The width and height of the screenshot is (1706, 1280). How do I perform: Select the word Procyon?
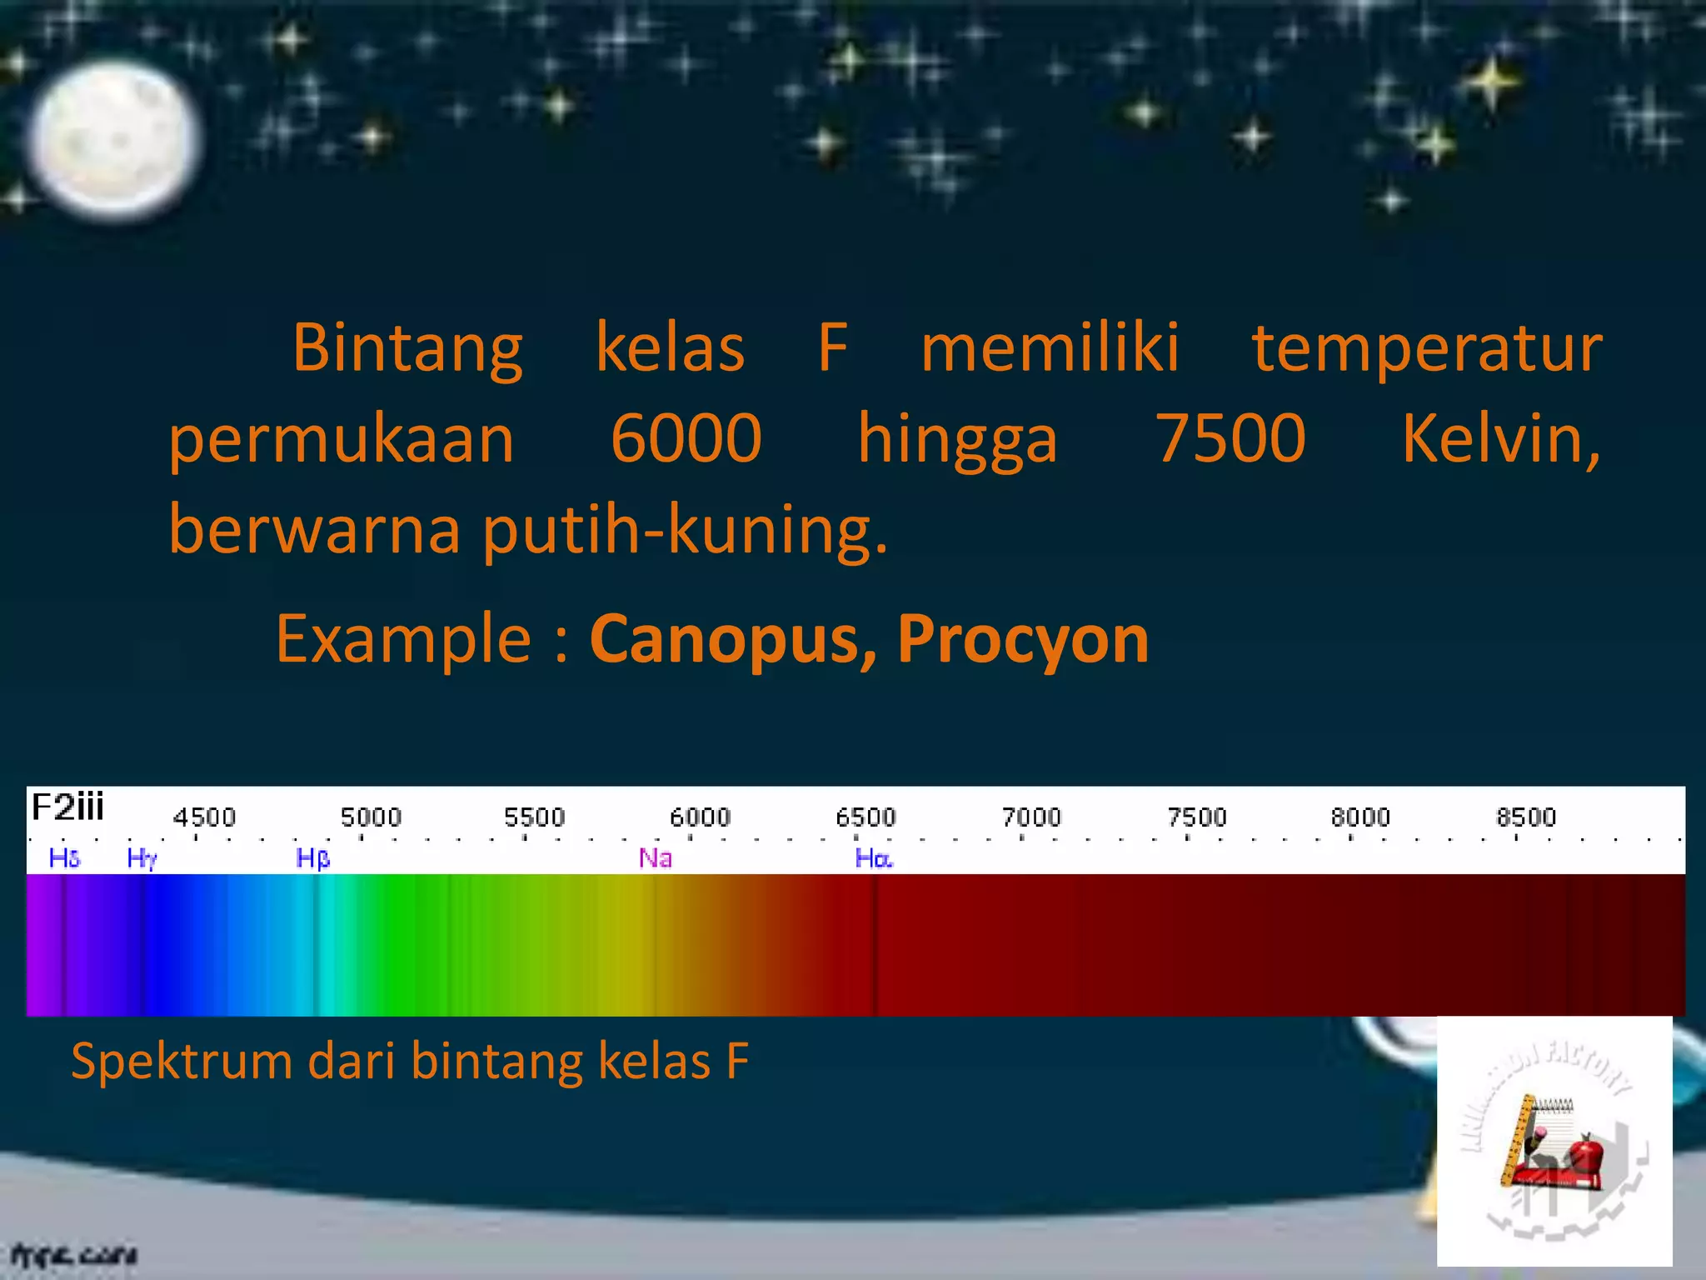click(x=1023, y=639)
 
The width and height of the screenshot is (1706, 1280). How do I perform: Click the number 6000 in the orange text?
click(x=686, y=438)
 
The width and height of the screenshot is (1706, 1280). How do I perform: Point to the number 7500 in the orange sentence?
click(x=1230, y=438)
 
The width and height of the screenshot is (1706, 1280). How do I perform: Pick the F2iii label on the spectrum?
click(x=67, y=807)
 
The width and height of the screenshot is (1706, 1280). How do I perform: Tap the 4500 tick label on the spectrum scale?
click(x=204, y=817)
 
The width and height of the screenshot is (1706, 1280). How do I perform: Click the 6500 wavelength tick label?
click(x=865, y=817)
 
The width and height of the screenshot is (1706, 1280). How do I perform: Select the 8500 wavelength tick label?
click(x=1526, y=817)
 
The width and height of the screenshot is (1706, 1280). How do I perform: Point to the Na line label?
click(x=655, y=857)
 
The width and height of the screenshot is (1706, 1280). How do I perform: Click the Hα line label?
click(x=874, y=857)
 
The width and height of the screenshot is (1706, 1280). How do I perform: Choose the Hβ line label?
click(x=313, y=857)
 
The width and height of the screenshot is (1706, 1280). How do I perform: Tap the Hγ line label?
click(x=142, y=857)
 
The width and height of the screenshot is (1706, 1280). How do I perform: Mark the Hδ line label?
click(x=64, y=857)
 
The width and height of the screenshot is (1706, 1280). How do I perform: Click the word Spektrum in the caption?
click(x=181, y=1062)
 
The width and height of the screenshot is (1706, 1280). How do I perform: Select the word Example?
click(x=403, y=639)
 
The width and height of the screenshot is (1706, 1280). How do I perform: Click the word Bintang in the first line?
click(x=407, y=347)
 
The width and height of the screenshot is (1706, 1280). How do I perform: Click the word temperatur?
click(x=1426, y=347)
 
